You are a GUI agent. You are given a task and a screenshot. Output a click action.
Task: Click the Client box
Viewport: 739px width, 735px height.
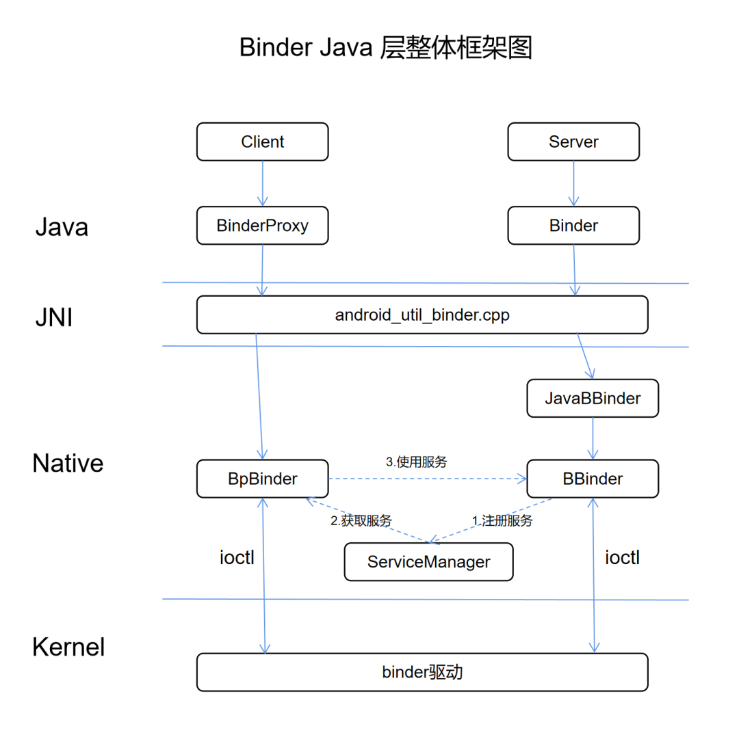[x=262, y=142]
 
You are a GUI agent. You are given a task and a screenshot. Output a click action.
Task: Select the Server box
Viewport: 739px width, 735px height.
[x=573, y=142]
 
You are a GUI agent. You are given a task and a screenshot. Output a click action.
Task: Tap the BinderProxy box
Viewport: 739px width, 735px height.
[x=262, y=226]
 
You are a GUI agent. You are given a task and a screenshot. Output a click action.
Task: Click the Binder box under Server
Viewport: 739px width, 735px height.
[x=573, y=226]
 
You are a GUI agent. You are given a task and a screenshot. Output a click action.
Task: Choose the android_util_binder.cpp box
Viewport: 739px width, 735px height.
[x=422, y=315]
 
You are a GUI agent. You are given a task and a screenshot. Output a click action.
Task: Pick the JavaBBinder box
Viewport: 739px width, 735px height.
[x=593, y=398]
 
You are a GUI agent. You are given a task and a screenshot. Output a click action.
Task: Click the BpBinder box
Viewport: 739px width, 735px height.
[x=262, y=479]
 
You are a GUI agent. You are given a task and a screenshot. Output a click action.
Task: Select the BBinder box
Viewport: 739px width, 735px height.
[x=593, y=479]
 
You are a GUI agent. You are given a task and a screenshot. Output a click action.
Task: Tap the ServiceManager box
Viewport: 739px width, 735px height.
[x=428, y=562]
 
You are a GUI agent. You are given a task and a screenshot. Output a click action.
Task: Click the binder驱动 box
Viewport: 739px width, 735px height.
[x=422, y=672]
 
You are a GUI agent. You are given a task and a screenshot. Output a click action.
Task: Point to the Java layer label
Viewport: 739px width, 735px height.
[x=62, y=227]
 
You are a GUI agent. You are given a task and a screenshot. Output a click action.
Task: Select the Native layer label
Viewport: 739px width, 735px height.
[x=68, y=464]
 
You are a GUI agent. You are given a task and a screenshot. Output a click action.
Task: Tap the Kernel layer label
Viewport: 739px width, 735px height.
[x=68, y=647]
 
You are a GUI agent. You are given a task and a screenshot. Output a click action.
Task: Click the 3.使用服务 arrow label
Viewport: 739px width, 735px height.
[x=416, y=462]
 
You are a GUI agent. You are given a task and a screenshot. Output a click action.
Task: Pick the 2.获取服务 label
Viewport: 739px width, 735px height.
[x=361, y=520]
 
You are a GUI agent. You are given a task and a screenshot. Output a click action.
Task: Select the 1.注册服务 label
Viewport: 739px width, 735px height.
[x=502, y=520]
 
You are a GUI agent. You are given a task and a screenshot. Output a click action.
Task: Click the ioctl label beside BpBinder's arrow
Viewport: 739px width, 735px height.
[x=237, y=557]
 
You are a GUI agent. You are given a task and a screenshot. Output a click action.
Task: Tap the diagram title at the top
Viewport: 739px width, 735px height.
[x=385, y=49]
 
